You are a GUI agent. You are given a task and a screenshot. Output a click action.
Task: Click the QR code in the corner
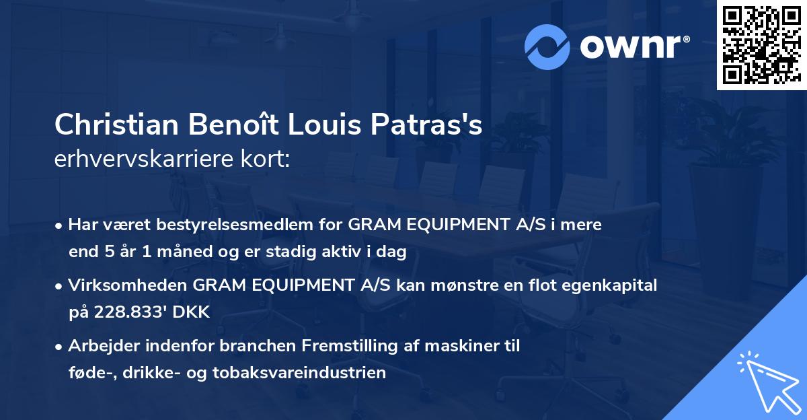(761, 44)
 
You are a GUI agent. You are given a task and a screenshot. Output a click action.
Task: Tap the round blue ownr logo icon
(547, 47)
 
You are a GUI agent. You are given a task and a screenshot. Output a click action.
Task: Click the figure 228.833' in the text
(124, 312)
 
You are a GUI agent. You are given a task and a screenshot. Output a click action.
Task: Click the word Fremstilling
(348, 346)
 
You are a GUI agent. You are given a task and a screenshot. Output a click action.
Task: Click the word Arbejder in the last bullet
(100, 346)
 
